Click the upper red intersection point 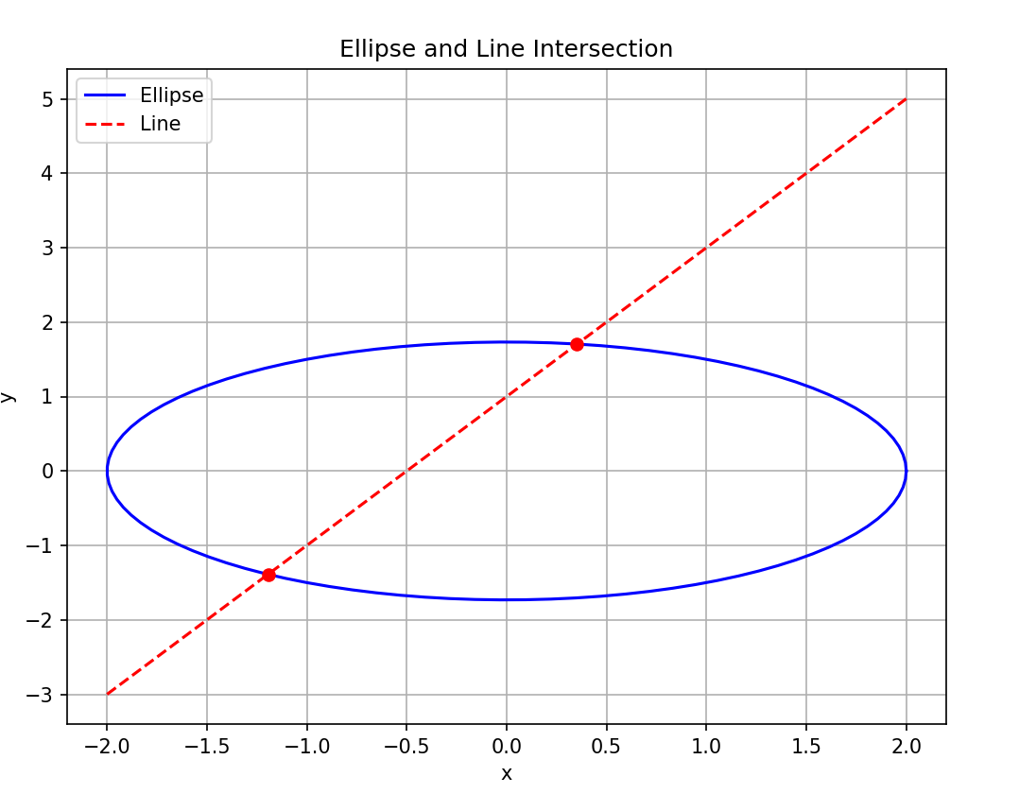(577, 344)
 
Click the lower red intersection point (268, 575)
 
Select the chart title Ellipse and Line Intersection (507, 49)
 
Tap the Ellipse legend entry (171, 95)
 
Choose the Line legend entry (160, 124)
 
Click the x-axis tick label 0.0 (507, 746)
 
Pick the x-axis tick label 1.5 (806, 746)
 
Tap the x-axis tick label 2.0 (907, 746)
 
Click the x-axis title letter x (507, 773)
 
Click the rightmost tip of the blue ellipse (907, 471)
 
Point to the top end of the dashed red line (907, 98)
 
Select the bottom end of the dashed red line (107, 694)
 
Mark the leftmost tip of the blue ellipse (107, 471)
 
